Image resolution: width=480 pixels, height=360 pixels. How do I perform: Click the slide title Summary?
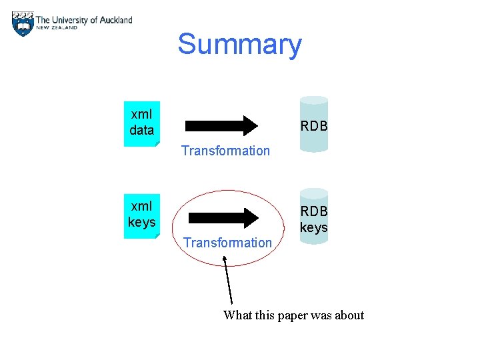(x=239, y=45)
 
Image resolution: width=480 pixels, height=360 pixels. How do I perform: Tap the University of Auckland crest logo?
(x=23, y=24)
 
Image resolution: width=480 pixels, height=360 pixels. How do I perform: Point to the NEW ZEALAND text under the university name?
(x=57, y=28)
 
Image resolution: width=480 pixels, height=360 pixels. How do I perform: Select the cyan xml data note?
(x=141, y=123)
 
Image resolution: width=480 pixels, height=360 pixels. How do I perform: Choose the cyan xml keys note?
(x=141, y=214)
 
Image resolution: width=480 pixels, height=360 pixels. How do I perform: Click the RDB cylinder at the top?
(x=313, y=125)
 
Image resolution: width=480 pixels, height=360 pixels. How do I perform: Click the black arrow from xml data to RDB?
(x=221, y=125)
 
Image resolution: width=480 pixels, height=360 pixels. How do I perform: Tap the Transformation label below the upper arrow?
(x=225, y=151)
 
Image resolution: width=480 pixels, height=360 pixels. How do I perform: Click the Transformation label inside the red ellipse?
(x=227, y=243)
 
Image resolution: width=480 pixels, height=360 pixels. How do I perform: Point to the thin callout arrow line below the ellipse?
(x=228, y=283)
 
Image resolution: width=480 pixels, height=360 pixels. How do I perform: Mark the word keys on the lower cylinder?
(x=313, y=227)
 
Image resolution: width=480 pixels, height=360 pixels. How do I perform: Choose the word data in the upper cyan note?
(x=141, y=130)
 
